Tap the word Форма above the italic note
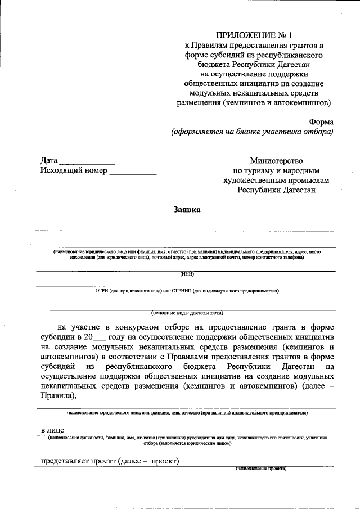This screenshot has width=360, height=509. [321, 121]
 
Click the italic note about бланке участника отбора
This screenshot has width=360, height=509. [252, 132]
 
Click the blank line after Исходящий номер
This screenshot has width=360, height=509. [133, 172]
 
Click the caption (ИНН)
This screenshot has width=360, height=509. [187, 274]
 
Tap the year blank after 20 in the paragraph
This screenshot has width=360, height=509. [98, 338]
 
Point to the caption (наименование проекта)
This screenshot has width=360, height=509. [261, 469]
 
